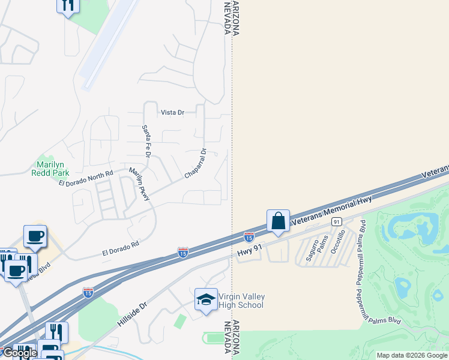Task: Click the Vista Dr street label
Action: point(172,112)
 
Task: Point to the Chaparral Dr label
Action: point(196,164)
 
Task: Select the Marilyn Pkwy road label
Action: point(139,184)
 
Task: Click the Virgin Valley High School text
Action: point(242,301)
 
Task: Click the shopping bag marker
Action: point(279,221)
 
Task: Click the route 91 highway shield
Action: point(336,221)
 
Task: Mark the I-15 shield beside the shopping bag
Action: point(249,237)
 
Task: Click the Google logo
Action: point(19,353)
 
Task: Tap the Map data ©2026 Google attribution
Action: point(412,355)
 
